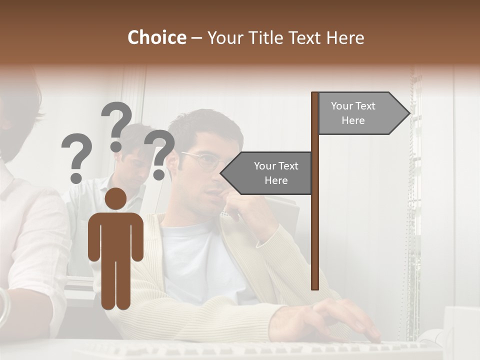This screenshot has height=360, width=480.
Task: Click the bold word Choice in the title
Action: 156,38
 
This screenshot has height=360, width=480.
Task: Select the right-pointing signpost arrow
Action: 362,113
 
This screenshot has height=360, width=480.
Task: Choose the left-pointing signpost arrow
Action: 267,173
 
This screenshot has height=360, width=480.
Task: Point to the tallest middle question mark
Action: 116,125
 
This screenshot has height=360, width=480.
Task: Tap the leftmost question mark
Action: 76,157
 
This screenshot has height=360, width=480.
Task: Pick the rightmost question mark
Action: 160,153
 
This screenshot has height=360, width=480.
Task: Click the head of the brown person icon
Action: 116,199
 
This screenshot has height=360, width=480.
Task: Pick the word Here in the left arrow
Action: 276,180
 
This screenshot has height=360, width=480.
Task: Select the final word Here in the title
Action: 345,38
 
